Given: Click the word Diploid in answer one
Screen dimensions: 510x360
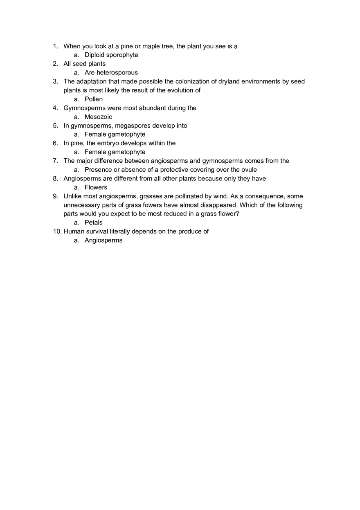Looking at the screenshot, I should click(x=94, y=55).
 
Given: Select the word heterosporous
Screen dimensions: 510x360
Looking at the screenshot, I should click(x=117, y=73).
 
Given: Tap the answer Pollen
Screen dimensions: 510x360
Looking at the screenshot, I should click(x=94, y=99).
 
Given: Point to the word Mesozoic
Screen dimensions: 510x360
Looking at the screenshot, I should click(x=98, y=117).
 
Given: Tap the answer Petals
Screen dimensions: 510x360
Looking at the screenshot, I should click(x=94, y=222).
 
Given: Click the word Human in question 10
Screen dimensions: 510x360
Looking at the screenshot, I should click(x=73, y=231).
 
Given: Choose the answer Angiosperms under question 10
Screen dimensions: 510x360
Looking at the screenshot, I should click(x=103, y=240).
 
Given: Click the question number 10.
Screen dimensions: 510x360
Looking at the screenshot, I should click(x=57, y=231).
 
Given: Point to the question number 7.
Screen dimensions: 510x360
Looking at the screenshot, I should click(x=55, y=161).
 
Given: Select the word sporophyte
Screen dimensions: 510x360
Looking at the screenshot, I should click(x=122, y=55).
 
